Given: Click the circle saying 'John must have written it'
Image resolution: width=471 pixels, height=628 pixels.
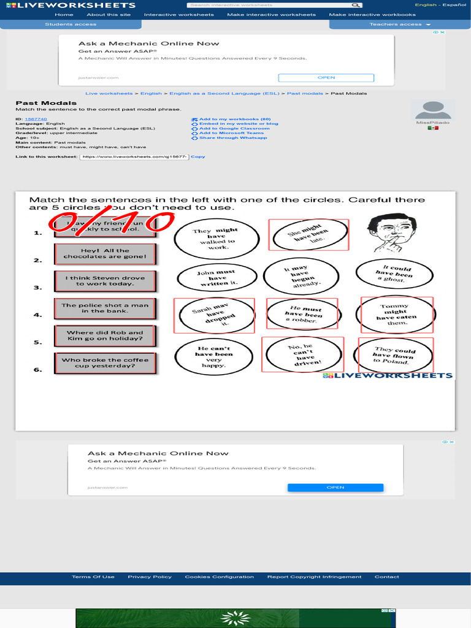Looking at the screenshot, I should click(x=216, y=277).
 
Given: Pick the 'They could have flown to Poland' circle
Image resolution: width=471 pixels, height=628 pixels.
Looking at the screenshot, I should click(x=395, y=356).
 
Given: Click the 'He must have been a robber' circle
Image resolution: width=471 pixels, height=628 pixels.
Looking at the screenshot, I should click(x=302, y=315).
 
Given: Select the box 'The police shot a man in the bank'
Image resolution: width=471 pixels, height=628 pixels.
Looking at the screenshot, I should click(x=105, y=308).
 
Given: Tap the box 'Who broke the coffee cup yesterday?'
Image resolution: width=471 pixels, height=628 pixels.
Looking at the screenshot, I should click(x=105, y=363).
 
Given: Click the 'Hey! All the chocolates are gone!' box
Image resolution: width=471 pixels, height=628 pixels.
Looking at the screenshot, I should click(x=105, y=253).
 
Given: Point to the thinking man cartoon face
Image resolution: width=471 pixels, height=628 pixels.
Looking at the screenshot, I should click(x=392, y=232).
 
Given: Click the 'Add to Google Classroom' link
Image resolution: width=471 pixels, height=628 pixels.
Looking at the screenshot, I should click(x=234, y=128).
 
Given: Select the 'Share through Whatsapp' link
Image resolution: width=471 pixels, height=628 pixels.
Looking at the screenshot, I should click(x=233, y=138).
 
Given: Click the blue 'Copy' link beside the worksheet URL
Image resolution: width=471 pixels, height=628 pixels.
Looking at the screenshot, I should click(x=198, y=156).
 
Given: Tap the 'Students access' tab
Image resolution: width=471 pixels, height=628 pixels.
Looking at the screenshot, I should click(x=71, y=25).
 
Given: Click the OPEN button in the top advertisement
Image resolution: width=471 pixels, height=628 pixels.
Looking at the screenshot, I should click(x=326, y=78).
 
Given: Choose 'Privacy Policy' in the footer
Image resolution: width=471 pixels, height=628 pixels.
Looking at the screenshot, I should click(x=150, y=576).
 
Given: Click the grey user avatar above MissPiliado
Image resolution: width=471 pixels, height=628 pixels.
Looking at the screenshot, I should click(x=433, y=110).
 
